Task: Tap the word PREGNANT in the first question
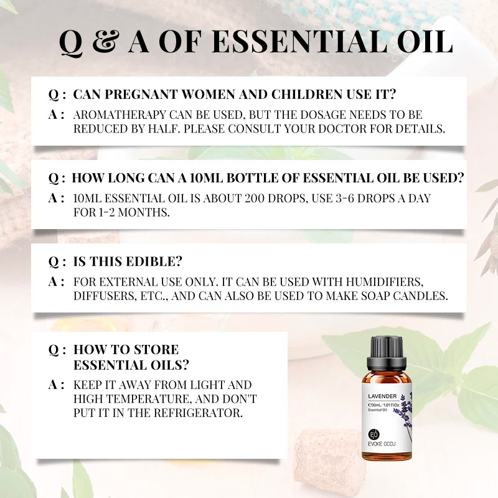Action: [x=141, y=95]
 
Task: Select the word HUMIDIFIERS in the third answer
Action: [x=384, y=282]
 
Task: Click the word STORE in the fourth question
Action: [x=156, y=350]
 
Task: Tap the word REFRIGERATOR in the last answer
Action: [x=198, y=413]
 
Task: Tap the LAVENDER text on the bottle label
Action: [x=382, y=396]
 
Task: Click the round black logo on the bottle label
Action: [x=374, y=434]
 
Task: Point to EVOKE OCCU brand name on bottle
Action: [x=382, y=444]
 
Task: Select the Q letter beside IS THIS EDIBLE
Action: [x=54, y=262]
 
